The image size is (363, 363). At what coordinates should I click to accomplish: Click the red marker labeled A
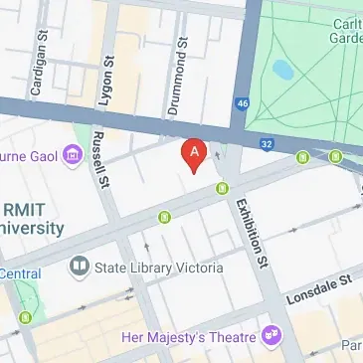pyautogui.click(x=195, y=154)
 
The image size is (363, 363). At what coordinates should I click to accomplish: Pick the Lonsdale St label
pyautogui.click(x=320, y=289)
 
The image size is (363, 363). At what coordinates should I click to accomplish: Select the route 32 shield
pyautogui.click(x=267, y=144)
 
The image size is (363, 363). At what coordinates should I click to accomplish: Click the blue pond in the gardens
pyautogui.click(x=281, y=71)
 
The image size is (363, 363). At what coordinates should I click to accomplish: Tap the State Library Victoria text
pyautogui.click(x=157, y=268)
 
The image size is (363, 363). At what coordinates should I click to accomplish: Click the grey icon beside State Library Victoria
pyautogui.click(x=79, y=268)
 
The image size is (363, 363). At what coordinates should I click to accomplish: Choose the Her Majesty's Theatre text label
pyautogui.click(x=188, y=337)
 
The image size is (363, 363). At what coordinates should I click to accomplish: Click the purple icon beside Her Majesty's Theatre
pyautogui.click(x=270, y=334)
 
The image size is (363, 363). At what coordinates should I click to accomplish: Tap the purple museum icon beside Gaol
pyautogui.click(x=71, y=155)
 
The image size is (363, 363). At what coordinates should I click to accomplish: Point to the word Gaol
pyautogui.click(x=40, y=156)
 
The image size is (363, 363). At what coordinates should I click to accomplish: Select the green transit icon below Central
pyautogui.click(x=26, y=317)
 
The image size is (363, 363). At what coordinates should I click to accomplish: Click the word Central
pyautogui.click(x=20, y=273)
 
